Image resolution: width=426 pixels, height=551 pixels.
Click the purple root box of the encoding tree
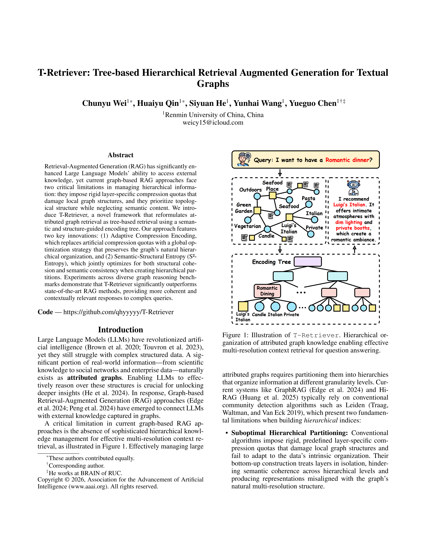[x=308, y=262]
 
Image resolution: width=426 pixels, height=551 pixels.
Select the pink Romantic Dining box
[x=267, y=291]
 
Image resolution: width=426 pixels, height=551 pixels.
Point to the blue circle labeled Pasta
[x=309, y=204]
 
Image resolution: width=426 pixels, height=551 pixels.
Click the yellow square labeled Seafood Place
[x=273, y=195]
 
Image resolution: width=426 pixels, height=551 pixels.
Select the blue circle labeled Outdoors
[x=257, y=196]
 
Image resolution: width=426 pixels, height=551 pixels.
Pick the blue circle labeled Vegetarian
[x=248, y=220]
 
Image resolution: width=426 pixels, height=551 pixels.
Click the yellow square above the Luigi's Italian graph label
[x=289, y=217]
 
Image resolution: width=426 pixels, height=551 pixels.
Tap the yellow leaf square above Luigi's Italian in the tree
[x=243, y=306]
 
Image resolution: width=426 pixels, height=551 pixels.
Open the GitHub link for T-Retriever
[x=118, y=312]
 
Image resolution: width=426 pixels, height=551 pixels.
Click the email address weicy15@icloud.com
[x=213, y=123]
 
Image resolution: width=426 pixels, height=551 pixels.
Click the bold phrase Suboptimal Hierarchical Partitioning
[x=289, y=433]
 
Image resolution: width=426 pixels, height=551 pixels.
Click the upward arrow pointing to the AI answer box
[x=355, y=249]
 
